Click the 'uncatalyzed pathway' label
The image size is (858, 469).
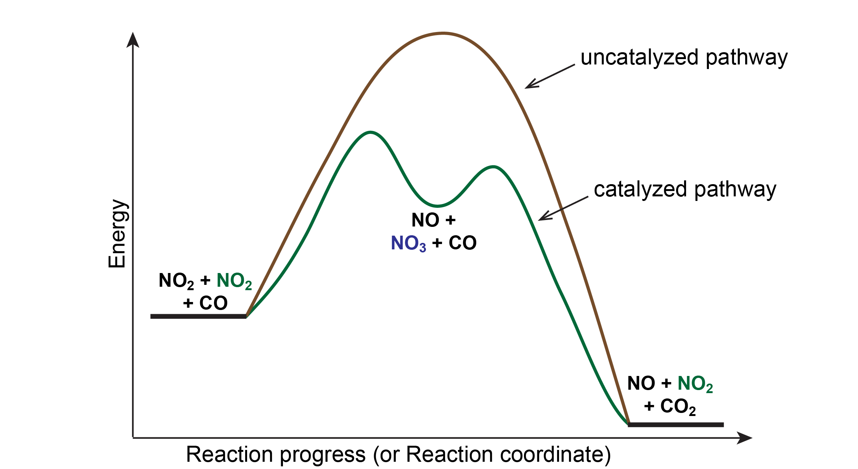[684, 58]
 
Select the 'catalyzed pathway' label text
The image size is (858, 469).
[685, 190]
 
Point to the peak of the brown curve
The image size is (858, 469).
[443, 34]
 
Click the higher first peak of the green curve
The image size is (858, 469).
[370, 132]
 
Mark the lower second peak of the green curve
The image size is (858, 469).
[493, 167]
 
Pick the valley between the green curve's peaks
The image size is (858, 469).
[437, 206]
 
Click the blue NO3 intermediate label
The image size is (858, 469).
[408, 244]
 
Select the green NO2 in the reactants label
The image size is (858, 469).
[234, 281]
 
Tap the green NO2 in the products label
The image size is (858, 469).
[695, 384]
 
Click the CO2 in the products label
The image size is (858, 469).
[678, 407]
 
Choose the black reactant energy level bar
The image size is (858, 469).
[198, 316]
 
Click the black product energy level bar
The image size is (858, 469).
[676, 424]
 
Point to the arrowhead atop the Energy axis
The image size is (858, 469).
[133, 40]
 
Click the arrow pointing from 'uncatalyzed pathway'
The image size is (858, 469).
[549, 77]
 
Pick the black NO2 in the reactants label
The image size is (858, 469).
[176, 281]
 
